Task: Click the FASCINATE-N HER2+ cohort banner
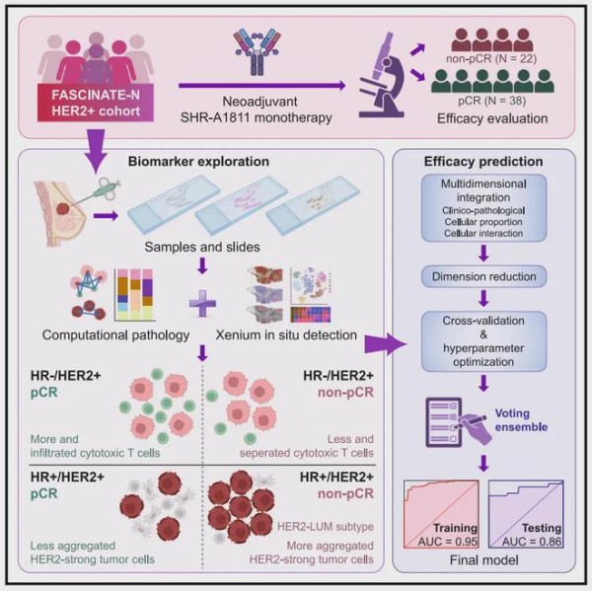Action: (96, 103)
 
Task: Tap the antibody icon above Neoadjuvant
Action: (258, 52)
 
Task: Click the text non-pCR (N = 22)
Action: (491, 58)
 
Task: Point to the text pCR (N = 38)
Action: (492, 101)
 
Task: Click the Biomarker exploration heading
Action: (198, 161)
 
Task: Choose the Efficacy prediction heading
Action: (483, 161)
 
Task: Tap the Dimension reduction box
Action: (483, 276)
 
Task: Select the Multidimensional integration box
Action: (483, 208)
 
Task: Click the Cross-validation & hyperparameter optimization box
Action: (483, 341)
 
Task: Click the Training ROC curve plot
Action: (441, 514)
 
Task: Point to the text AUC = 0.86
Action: (532, 542)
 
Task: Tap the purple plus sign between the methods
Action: (202, 303)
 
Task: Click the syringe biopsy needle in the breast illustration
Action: (97, 192)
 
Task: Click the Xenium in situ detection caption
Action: (286, 334)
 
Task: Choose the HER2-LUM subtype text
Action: (326, 527)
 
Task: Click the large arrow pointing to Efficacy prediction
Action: (386, 344)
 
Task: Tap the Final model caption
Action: (484, 559)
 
